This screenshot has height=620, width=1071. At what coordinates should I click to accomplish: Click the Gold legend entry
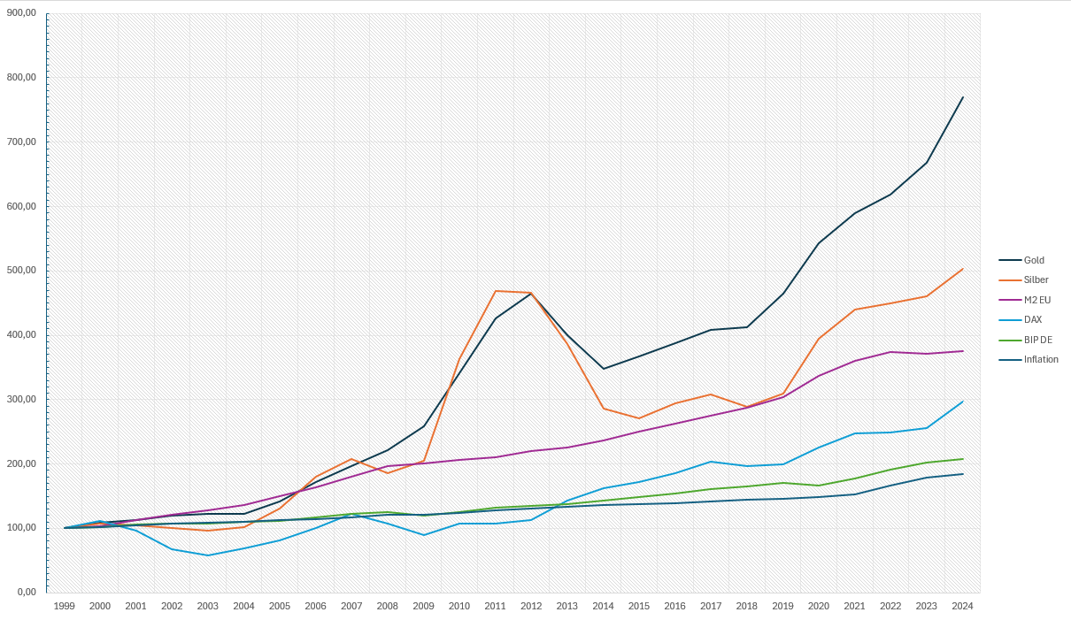1034,260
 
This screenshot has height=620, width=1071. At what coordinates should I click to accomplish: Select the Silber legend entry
1036,279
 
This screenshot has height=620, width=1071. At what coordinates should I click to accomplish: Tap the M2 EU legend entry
1037,300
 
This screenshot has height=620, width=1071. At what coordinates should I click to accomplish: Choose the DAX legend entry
1034,319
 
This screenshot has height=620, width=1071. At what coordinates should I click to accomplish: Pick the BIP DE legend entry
1038,340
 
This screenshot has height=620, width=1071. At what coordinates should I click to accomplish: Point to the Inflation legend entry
1041,359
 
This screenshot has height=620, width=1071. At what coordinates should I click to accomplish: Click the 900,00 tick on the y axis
21,13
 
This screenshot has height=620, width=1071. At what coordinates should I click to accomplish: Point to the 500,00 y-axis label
21,271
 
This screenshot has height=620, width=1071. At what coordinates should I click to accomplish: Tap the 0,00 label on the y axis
25,592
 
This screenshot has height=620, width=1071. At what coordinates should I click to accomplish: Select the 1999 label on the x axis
64,606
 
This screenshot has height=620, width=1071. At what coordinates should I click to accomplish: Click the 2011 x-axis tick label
496,606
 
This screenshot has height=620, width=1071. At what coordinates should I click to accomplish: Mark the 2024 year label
963,606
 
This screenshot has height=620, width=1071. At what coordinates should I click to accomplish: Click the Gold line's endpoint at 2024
963,97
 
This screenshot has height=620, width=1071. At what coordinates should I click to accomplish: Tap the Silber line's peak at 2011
496,291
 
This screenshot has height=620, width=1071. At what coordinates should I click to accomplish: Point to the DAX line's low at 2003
208,555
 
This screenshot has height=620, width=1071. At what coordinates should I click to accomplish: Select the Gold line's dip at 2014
604,369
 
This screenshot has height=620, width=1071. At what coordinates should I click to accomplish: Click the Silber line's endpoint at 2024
963,269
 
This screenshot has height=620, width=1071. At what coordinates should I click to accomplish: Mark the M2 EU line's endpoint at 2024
963,351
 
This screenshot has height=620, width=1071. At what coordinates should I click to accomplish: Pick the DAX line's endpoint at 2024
963,402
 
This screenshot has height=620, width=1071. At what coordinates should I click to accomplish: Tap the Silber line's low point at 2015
639,418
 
